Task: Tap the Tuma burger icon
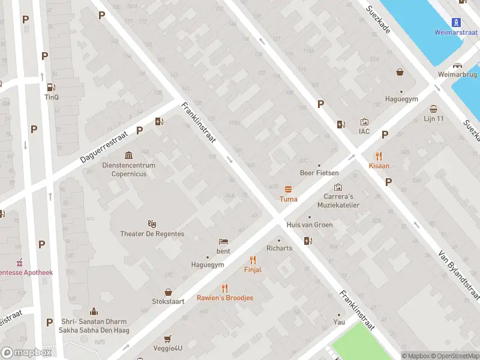click(x=289, y=189)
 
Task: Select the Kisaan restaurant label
click(x=379, y=165)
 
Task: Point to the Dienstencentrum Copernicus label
click(x=128, y=170)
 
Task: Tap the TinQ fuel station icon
click(x=52, y=87)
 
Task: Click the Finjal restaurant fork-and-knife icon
click(x=253, y=260)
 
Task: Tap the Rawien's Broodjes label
click(x=225, y=298)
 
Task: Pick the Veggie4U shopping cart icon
click(x=168, y=339)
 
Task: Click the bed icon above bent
click(x=223, y=241)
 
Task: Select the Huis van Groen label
click(x=310, y=225)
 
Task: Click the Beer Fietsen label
click(x=319, y=173)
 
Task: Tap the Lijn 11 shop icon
click(x=434, y=109)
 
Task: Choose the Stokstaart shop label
click(x=169, y=301)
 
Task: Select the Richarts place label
click(x=279, y=248)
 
